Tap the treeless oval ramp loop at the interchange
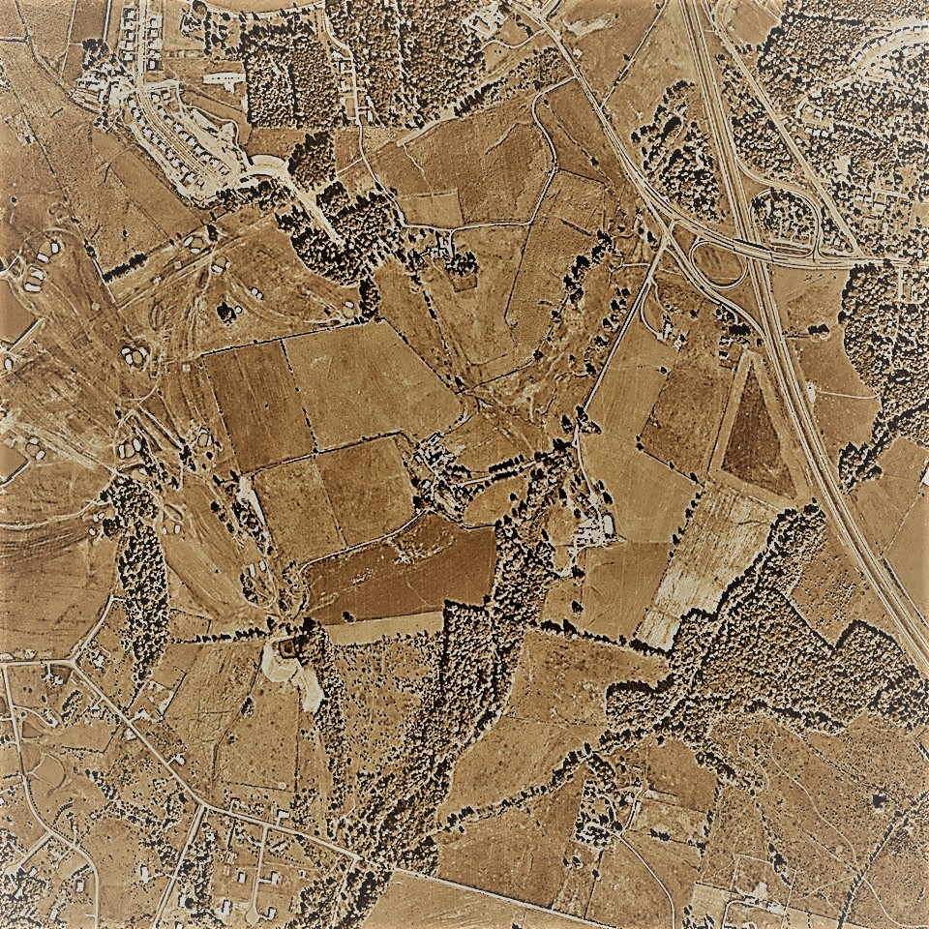[x=717, y=263]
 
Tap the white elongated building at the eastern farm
[x=608, y=524]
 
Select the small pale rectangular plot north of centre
[x=431, y=208]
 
